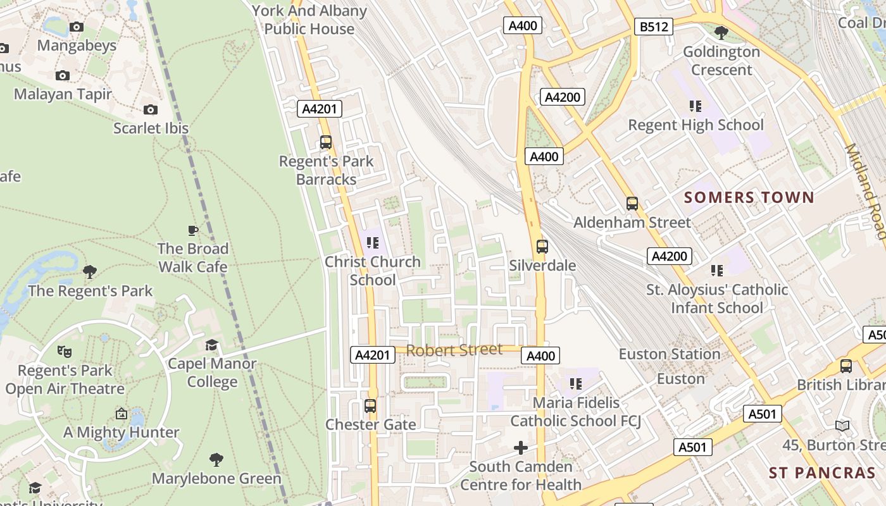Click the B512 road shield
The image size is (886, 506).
pyautogui.click(x=653, y=27)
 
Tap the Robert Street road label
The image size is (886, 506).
pyautogui.click(x=454, y=350)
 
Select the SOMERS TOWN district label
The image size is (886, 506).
pyautogui.click(x=749, y=197)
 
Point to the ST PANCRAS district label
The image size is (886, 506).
pyautogui.click(x=822, y=472)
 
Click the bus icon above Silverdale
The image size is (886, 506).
pyautogui.click(x=542, y=247)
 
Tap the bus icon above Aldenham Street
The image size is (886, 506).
pyautogui.click(x=632, y=204)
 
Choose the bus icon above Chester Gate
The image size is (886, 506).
pyautogui.click(x=370, y=406)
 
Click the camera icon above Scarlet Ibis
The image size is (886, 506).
pyautogui.click(x=151, y=109)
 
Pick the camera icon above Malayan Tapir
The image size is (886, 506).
pyautogui.click(x=62, y=75)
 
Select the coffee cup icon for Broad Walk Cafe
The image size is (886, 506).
pyautogui.click(x=193, y=230)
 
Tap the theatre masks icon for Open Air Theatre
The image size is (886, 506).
pyautogui.click(x=64, y=351)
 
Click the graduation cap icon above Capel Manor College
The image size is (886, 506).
pyautogui.click(x=211, y=345)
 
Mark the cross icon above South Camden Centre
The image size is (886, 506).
pyautogui.click(x=520, y=448)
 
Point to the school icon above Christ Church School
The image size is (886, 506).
pyautogui.click(x=372, y=242)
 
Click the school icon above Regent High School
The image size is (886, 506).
pyautogui.click(x=696, y=106)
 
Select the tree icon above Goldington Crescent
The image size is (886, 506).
pyautogui.click(x=721, y=32)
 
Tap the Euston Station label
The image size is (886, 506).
pyautogui.click(x=670, y=354)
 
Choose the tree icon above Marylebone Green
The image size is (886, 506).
pyautogui.click(x=216, y=459)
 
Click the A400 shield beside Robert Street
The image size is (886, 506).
pyautogui.click(x=541, y=356)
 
